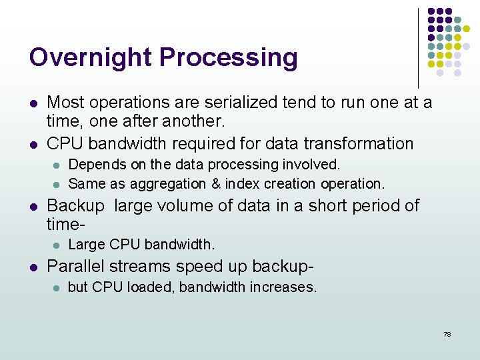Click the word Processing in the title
pyautogui.click(x=224, y=58)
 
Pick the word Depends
pyautogui.click(x=92, y=164)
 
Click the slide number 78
pyautogui.click(x=447, y=334)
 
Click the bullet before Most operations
pyautogui.click(x=33, y=103)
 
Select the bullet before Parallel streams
pyautogui.click(x=33, y=267)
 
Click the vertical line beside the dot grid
pyautogui.click(x=418, y=47)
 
